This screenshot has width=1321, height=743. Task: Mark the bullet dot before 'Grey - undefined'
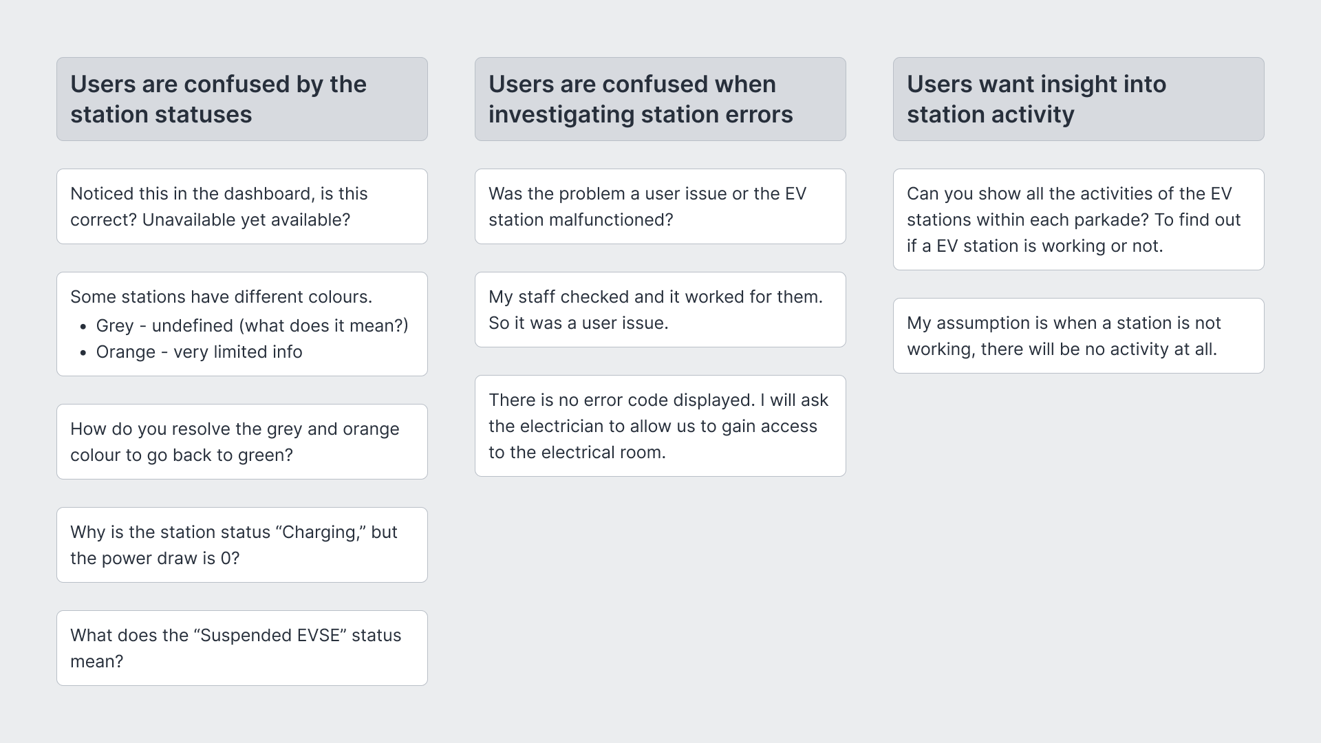click(x=83, y=327)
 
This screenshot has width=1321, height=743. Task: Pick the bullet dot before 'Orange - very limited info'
click(x=83, y=353)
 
